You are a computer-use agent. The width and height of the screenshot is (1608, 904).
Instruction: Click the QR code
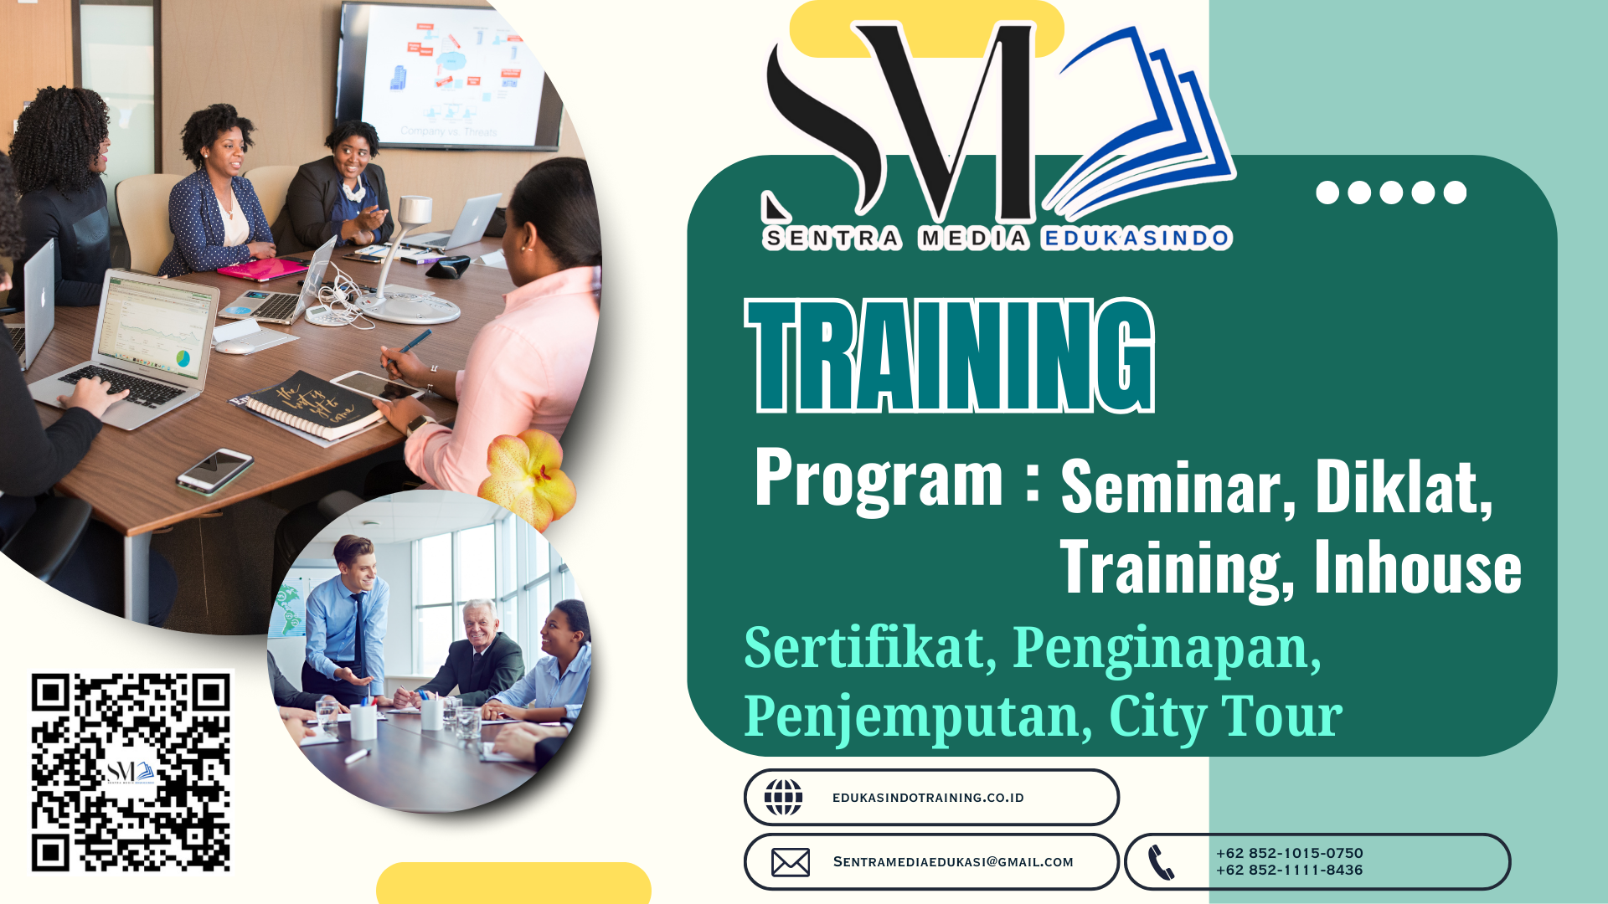131,772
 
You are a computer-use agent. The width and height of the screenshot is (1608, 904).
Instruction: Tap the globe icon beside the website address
783,797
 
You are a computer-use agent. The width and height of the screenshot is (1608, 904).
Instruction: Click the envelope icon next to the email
791,862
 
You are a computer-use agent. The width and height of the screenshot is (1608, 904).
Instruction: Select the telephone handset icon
1161,862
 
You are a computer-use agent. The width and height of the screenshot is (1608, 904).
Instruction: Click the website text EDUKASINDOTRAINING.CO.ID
928,798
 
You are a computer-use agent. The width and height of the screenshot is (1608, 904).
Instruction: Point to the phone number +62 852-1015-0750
1290,853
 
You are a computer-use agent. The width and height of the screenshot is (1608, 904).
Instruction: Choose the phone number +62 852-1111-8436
1290,871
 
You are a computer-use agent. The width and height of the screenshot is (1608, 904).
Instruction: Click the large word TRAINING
950,356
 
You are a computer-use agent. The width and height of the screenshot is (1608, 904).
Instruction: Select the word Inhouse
1418,568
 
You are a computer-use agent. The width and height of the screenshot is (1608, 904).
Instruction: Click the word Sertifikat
870,648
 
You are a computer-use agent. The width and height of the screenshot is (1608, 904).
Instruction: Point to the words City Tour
1226,717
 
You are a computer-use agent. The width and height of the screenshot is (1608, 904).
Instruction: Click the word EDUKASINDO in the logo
1136,239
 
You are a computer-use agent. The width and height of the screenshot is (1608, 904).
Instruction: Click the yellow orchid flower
528,476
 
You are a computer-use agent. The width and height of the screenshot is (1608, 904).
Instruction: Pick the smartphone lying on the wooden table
215,470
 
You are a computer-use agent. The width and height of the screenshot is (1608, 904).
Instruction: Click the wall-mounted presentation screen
449,77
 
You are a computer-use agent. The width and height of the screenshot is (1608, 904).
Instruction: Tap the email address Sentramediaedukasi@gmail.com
953,862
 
